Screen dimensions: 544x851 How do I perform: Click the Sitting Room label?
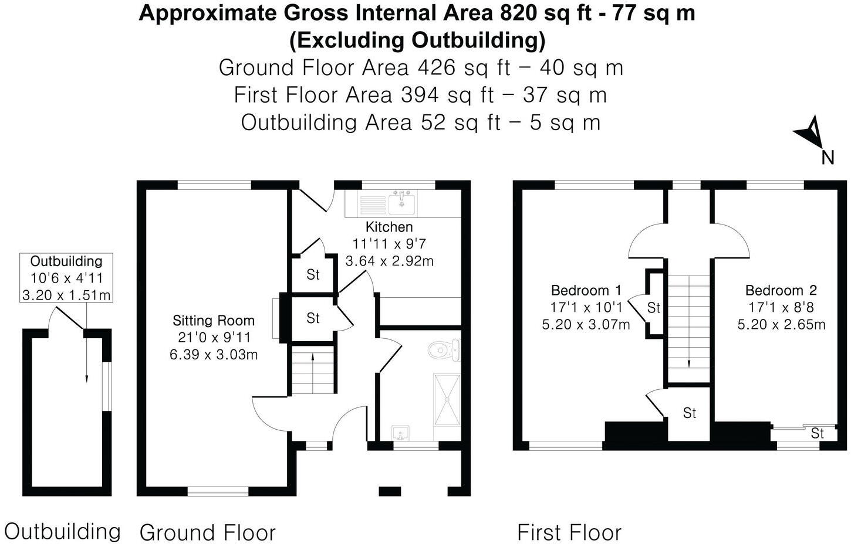[214, 321]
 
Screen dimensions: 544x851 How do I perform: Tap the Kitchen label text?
[389, 227]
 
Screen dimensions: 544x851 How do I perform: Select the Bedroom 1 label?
[586, 290]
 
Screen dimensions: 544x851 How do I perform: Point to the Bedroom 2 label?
[781, 290]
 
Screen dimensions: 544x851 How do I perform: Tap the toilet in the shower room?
[444, 351]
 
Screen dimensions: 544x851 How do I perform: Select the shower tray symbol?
[447, 398]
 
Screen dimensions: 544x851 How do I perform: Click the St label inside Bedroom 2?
[817, 433]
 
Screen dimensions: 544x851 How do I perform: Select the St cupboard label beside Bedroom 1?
[654, 308]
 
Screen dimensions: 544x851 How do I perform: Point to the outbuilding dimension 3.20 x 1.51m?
[66, 295]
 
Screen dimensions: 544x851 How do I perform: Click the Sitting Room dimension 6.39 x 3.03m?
[214, 354]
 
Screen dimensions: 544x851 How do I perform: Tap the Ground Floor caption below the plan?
[207, 532]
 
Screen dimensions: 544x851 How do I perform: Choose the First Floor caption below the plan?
[569, 532]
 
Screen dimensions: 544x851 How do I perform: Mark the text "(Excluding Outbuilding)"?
[417, 40]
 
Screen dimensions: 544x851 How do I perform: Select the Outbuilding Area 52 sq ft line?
[420, 123]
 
